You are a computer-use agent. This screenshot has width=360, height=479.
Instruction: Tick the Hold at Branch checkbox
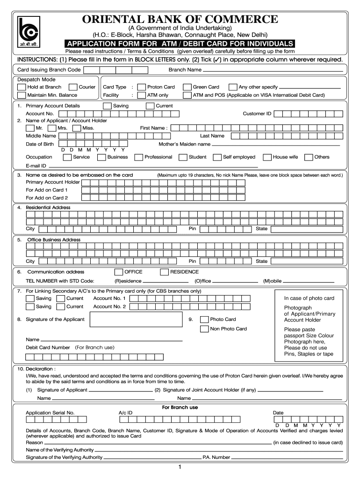click(x=22, y=87)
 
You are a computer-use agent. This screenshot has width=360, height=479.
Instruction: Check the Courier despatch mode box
click(x=73, y=87)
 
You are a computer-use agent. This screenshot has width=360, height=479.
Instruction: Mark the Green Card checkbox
click(x=187, y=87)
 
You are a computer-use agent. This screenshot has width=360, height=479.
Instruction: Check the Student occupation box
click(x=183, y=157)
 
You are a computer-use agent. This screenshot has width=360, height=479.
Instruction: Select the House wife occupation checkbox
click(x=267, y=157)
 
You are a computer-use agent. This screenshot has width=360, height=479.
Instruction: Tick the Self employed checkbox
click(x=217, y=157)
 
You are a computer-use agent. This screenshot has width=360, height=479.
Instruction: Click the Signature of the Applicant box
click(x=135, y=319)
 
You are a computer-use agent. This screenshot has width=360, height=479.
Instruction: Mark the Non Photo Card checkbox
click(x=204, y=329)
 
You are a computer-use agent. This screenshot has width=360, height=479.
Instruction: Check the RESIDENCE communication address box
click(x=164, y=272)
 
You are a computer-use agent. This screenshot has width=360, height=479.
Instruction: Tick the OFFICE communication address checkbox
click(x=118, y=272)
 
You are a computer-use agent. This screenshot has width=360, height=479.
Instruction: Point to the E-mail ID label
click(x=36, y=166)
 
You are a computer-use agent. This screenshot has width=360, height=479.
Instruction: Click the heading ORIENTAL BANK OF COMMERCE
click(x=180, y=19)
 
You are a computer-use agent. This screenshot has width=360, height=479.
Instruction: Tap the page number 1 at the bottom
click(x=180, y=467)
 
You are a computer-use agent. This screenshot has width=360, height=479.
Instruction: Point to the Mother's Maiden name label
click(x=184, y=144)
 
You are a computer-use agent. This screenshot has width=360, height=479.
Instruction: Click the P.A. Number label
click(x=216, y=457)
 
